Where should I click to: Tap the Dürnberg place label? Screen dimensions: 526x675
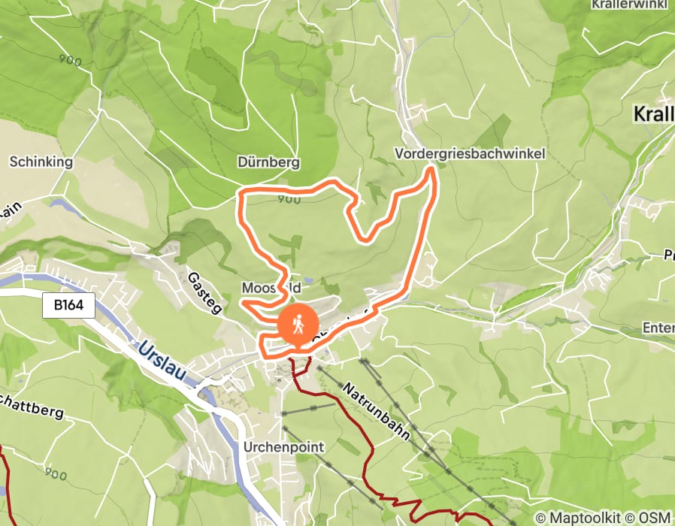coord(268,162)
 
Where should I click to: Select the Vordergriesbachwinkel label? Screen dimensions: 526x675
coord(470,154)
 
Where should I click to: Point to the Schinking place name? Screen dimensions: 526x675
coord(41,162)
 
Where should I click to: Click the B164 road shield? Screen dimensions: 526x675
coord(74,306)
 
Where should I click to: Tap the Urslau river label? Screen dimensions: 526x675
coord(162,361)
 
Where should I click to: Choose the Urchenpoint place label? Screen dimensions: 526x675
coord(284,447)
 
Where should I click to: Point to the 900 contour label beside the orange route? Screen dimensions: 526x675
coord(289,199)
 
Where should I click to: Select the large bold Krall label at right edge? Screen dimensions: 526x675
coord(653,115)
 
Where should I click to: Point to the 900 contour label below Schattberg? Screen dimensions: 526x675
coord(56,474)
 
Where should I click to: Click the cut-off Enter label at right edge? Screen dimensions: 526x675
coord(658,328)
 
